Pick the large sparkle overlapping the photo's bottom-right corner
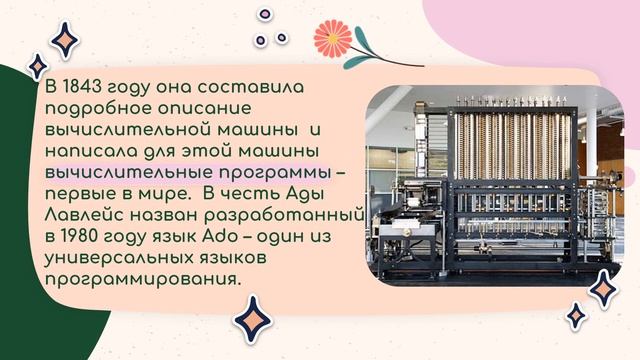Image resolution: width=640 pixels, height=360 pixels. point(604,289)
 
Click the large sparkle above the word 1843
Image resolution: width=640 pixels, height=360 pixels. point(66,42)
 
